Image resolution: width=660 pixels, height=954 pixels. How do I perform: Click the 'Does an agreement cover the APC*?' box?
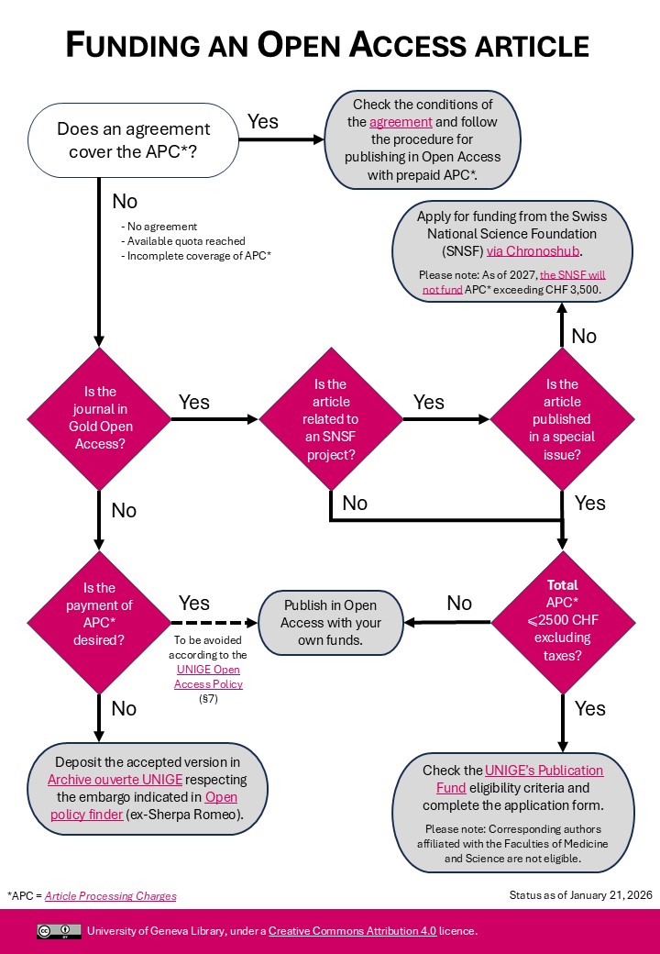[x=134, y=139]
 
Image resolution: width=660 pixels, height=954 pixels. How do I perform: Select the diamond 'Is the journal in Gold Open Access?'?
[x=100, y=418]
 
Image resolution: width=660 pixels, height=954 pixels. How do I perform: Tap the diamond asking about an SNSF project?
[x=331, y=418]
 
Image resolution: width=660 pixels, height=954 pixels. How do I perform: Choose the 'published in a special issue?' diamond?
[x=562, y=418]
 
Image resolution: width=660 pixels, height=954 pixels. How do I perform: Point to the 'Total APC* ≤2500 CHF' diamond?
[x=562, y=622]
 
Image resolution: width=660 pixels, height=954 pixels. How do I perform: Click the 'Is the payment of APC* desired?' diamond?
[x=100, y=622]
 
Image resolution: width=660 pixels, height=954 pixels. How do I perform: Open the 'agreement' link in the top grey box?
[x=401, y=122]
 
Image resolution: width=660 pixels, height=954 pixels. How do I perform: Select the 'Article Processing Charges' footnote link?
[x=110, y=895]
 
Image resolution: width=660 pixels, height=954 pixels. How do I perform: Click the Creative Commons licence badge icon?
[x=59, y=931]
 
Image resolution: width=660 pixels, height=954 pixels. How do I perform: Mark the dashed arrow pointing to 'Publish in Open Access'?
[x=213, y=622]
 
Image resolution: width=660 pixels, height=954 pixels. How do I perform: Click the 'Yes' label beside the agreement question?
[x=263, y=121]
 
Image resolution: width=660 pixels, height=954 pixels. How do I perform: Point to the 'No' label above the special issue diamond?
[x=584, y=336]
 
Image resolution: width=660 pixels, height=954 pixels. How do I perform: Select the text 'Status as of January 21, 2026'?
[x=580, y=894]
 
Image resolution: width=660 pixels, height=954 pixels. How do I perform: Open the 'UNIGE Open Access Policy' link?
[x=210, y=677]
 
